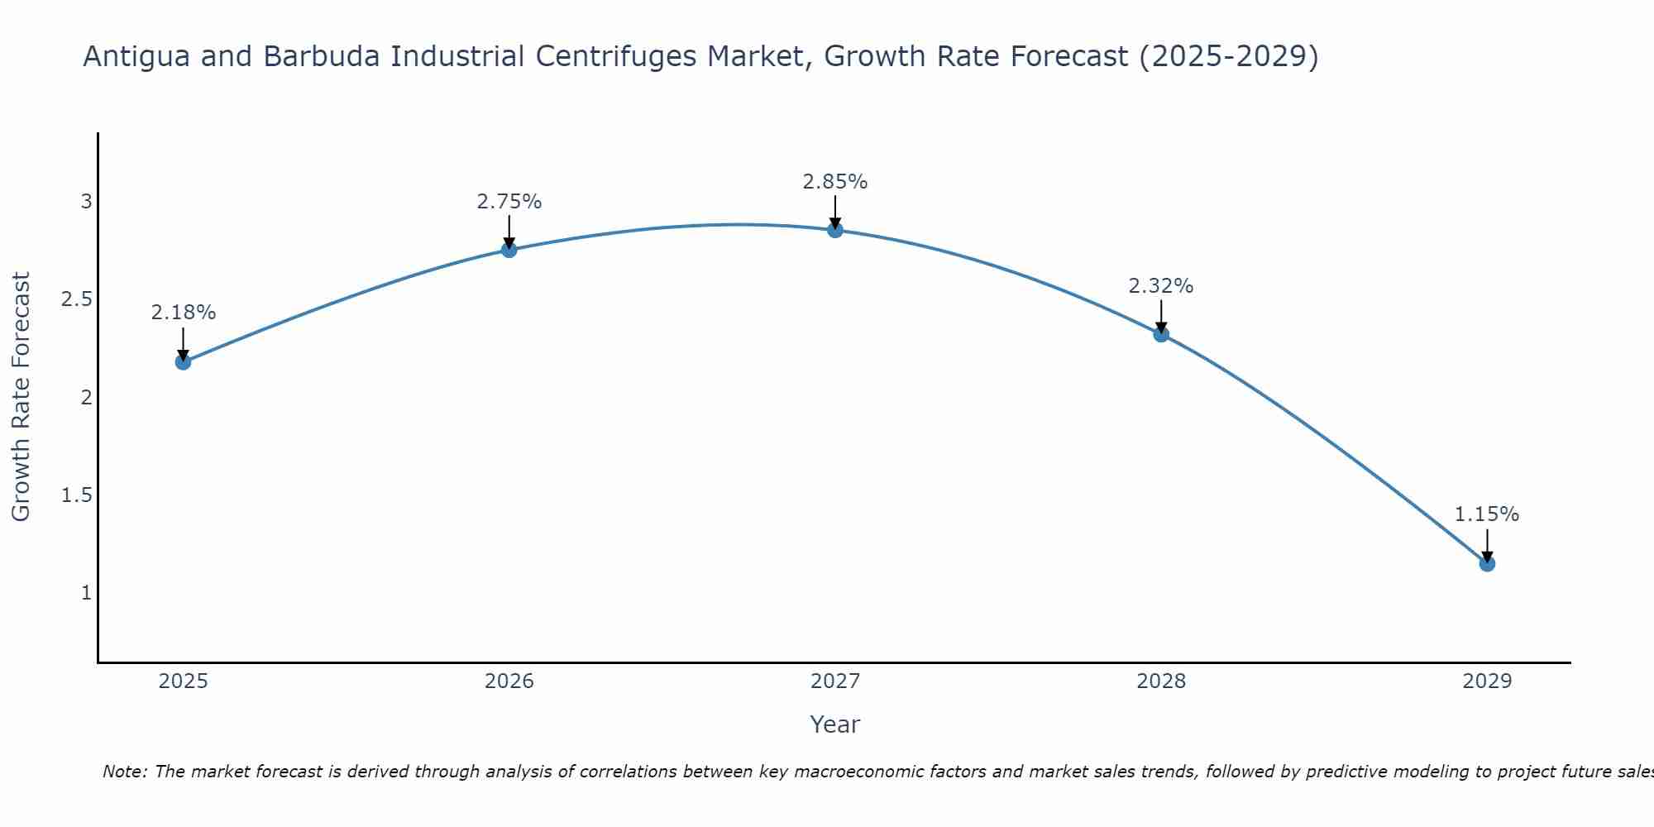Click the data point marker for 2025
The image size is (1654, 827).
click(184, 361)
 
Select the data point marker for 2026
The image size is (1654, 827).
click(509, 250)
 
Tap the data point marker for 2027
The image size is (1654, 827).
click(835, 230)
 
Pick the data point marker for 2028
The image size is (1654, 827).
click(1161, 334)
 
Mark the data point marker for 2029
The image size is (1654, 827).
click(1487, 563)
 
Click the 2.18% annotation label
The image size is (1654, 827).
click(184, 313)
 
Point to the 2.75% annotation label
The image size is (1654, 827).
click(509, 201)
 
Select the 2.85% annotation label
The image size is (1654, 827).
click(835, 181)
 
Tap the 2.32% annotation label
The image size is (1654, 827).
click(1161, 286)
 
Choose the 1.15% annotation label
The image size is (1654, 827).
click(1487, 514)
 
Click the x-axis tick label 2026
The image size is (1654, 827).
click(509, 681)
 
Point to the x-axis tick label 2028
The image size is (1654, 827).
click(1161, 681)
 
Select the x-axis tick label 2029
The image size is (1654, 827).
click(1487, 681)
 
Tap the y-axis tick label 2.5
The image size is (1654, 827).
click(76, 299)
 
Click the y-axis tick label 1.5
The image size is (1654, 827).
click(76, 495)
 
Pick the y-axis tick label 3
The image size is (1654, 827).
click(86, 202)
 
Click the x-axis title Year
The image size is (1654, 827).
click(835, 724)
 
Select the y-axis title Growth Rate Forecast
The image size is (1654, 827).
click(22, 397)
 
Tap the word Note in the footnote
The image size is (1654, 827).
click(123, 772)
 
